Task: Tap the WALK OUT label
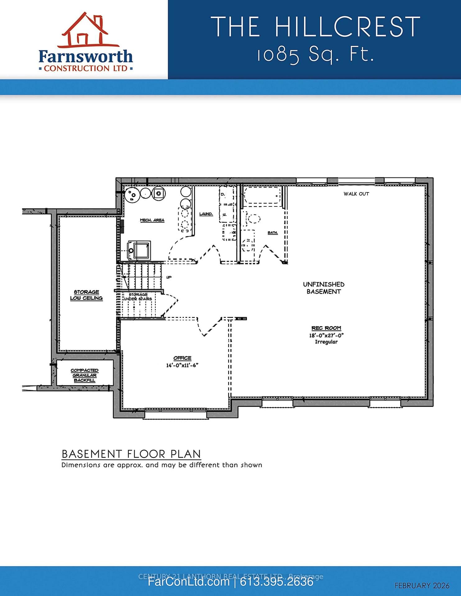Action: tap(356, 194)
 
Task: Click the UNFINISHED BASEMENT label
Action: tap(323, 288)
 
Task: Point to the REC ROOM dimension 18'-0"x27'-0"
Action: tap(326, 336)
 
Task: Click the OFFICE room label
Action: tap(182, 358)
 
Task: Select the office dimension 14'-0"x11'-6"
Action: tap(182, 365)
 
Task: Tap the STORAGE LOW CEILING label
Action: tap(86, 295)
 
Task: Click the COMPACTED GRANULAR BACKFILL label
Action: tap(84, 375)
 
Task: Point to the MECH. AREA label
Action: tap(152, 220)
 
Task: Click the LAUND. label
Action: tap(206, 214)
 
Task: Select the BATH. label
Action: tap(272, 233)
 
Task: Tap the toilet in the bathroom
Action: tap(253, 219)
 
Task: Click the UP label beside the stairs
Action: tap(169, 277)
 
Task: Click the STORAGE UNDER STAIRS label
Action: tap(138, 296)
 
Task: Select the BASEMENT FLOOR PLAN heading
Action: tap(131, 454)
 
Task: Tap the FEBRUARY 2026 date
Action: tap(422, 586)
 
